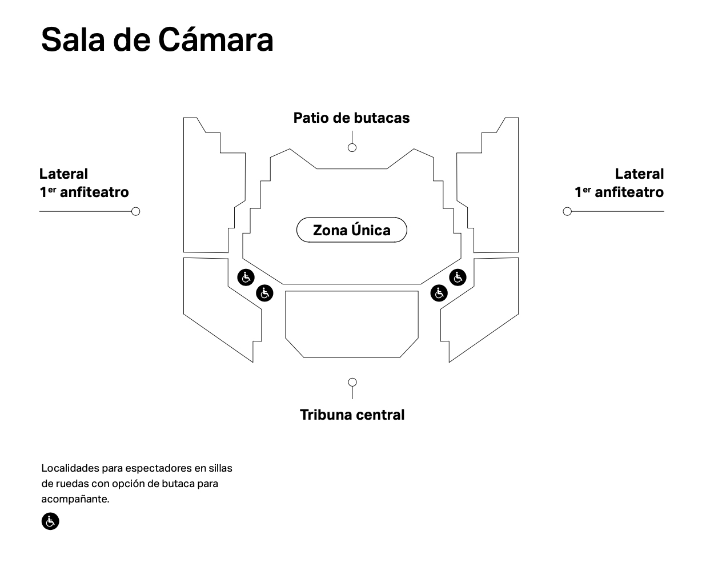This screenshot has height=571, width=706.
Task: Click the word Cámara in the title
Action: coord(215,40)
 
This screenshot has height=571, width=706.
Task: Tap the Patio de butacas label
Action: coord(351,118)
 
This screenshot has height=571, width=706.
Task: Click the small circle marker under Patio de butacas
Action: coord(352,147)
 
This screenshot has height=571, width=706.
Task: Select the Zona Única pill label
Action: coord(351,230)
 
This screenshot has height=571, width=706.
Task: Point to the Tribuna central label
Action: coord(352,415)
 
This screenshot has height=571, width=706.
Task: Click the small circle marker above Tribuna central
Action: coord(352,382)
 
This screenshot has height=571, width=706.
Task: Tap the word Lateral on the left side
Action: coord(63,174)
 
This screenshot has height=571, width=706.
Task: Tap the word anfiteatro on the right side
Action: coord(629,192)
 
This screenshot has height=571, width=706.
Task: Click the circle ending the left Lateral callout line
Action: coord(135,211)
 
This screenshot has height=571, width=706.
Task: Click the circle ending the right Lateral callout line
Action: coord(567,211)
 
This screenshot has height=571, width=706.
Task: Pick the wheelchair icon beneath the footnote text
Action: coord(50,521)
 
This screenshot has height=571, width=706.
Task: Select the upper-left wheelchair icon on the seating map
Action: coord(246,278)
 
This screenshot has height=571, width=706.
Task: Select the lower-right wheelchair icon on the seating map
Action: coord(439,293)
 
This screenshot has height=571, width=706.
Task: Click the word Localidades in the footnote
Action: coord(70,468)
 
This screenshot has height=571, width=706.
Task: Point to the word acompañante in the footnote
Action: coord(74,499)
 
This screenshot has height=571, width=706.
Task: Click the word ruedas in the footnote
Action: coord(72,484)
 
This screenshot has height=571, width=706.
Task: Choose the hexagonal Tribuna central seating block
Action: coord(351,323)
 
